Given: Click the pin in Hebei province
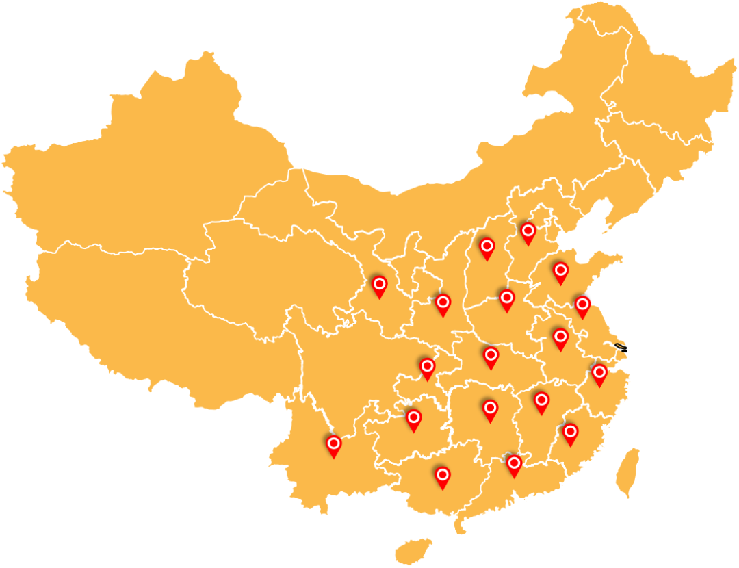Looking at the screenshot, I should (x=528, y=232).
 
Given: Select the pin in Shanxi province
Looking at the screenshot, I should (x=487, y=247).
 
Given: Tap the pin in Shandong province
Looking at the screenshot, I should (x=560, y=272).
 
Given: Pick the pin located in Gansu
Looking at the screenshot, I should (x=379, y=285).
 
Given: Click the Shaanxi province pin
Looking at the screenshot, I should (x=443, y=303).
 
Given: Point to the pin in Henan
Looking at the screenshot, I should (x=506, y=298).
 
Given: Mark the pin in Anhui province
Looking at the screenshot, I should (x=560, y=337).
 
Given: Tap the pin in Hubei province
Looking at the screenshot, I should (x=491, y=356).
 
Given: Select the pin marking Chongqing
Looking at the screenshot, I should (x=428, y=367).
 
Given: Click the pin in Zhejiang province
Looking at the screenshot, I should (x=599, y=374).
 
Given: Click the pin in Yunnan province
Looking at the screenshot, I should (x=333, y=445).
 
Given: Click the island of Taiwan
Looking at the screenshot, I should (x=627, y=472).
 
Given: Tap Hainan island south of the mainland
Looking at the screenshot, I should (x=413, y=550).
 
